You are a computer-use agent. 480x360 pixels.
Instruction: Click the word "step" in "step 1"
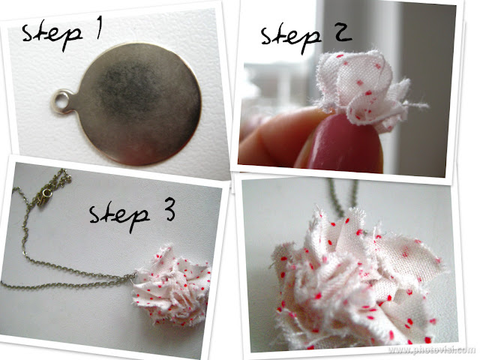[52, 36]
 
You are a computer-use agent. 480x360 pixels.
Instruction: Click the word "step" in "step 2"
[291, 39]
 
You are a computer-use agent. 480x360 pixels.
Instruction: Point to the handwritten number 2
[343, 33]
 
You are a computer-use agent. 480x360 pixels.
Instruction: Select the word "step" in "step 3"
[119, 217]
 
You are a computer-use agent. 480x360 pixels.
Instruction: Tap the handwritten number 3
[169, 209]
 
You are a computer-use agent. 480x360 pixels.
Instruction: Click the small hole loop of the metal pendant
[62, 101]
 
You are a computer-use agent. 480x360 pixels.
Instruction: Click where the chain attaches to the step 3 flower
[134, 275]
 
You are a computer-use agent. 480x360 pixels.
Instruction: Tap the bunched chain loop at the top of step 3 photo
[60, 178]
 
